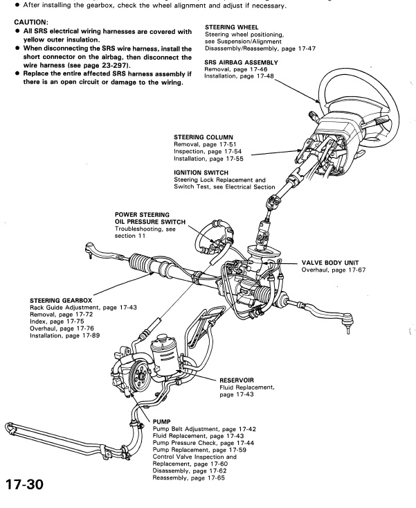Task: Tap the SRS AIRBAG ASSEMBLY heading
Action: [x=241, y=62]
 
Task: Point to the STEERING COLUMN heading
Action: [x=204, y=137]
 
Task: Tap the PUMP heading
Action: [x=160, y=421]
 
